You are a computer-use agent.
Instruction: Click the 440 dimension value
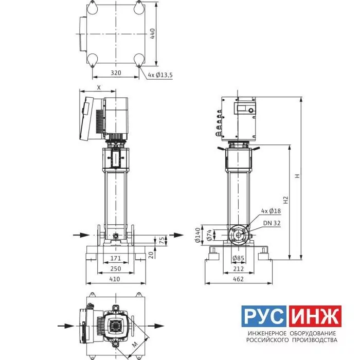[x=152, y=33]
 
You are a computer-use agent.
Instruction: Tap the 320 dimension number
[x=116, y=73]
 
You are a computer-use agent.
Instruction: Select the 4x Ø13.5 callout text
[x=160, y=75]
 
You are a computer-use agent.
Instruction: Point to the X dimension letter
[x=99, y=87]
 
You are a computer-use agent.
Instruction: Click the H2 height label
[x=285, y=200]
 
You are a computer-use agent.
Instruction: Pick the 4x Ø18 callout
[x=271, y=211]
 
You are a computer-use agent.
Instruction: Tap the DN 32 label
[x=272, y=223]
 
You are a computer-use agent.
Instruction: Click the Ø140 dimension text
[x=197, y=235]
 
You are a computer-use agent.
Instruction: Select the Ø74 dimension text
[x=209, y=235]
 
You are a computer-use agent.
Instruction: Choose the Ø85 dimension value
[x=238, y=258]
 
